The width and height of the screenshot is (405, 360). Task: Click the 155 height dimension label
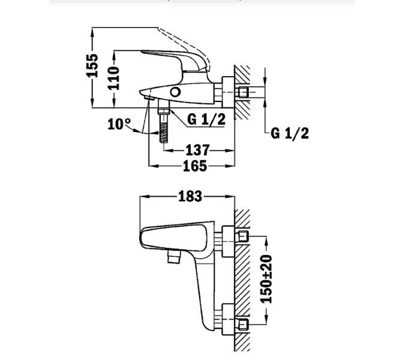(92, 65)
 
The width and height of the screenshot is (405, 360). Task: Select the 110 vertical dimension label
(113, 78)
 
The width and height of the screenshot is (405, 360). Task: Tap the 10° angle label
(119, 124)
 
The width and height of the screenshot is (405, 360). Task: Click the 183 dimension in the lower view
(190, 196)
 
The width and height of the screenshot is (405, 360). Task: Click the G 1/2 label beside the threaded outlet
(206, 119)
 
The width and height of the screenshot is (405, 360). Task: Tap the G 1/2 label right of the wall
(290, 133)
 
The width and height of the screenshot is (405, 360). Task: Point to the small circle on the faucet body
(175, 92)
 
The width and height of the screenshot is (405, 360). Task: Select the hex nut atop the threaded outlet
(162, 110)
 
